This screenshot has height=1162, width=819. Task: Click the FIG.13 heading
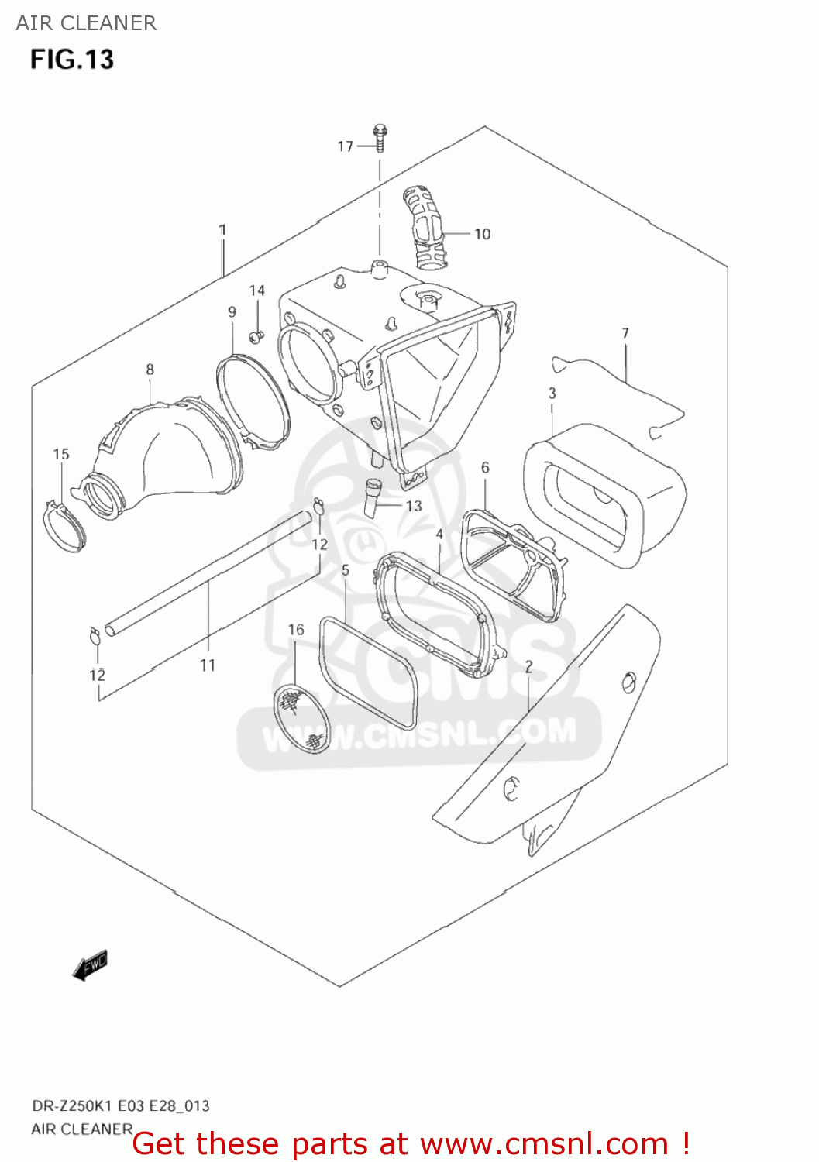click(72, 60)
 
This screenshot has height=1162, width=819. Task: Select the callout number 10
click(482, 234)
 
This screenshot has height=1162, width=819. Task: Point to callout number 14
click(256, 290)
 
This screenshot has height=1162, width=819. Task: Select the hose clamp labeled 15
click(64, 527)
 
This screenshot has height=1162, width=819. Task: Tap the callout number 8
click(150, 370)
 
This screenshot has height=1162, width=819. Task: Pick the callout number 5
click(345, 570)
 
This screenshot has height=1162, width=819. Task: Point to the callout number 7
click(625, 333)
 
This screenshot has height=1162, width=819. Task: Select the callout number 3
click(552, 394)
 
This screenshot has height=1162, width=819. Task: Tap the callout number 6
click(485, 467)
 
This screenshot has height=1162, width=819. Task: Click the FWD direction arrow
click(90, 966)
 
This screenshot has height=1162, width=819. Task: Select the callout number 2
click(528, 667)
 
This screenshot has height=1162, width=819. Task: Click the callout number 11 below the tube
click(208, 665)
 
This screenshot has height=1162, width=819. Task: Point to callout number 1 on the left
click(222, 230)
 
